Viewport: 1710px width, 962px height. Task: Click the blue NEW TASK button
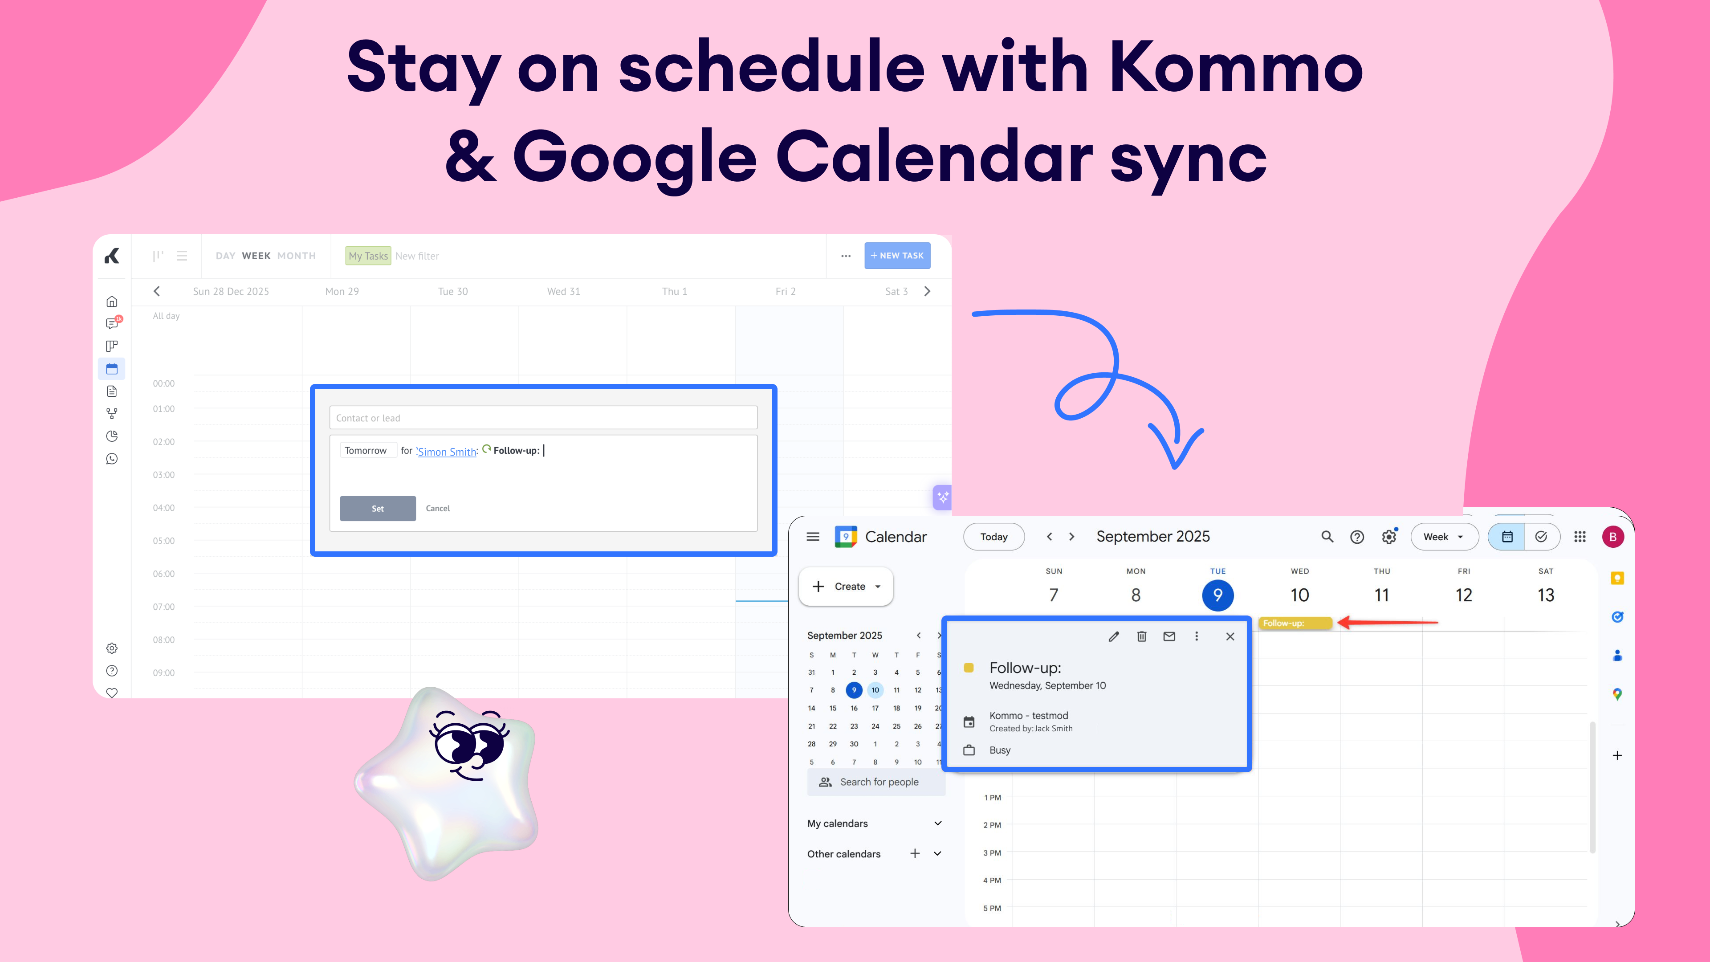(x=897, y=256)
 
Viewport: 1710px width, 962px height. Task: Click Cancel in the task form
(x=437, y=509)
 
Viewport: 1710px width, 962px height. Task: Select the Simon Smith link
(x=447, y=452)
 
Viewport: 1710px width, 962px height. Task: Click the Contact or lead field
(x=543, y=418)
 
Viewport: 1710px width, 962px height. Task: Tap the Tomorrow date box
(x=366, y=450)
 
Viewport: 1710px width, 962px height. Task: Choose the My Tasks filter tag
(x=368, y=256)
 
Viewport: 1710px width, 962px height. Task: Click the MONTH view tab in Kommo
(x=296, y=256)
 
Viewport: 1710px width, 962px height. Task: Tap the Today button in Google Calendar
(x=994, y=536)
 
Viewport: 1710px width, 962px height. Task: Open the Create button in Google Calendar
(x=846, y=586)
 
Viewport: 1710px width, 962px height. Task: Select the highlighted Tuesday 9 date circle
(x=1217, y=595)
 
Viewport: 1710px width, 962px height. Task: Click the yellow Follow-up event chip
(x=1295, y=623)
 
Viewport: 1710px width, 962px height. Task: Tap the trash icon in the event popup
(x=1142, y=636)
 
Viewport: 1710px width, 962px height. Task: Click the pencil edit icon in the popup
(x=1114, y=636)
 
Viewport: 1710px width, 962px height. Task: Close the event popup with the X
(x=1230, y=636)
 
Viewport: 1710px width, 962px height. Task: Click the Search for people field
(x=876, y=782)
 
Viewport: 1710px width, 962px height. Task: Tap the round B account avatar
(x=1613, y=536)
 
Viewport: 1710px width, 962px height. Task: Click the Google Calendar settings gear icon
(x=1389, y=536)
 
